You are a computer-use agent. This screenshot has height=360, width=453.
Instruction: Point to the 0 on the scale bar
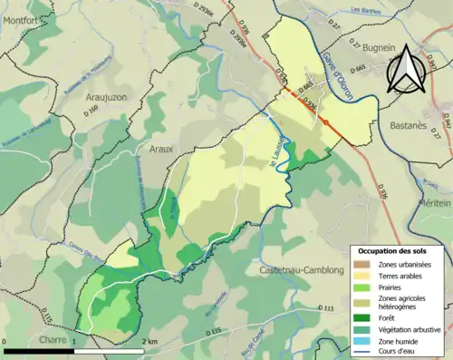(x=6, y=341)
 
